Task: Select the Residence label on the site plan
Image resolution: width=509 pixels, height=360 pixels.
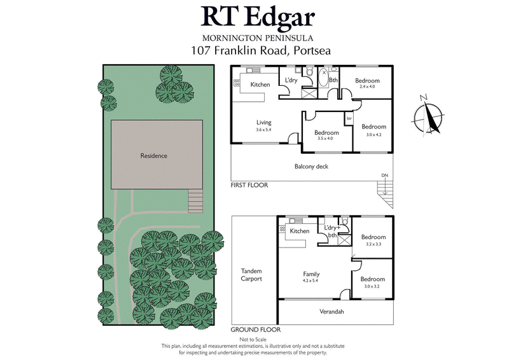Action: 154,155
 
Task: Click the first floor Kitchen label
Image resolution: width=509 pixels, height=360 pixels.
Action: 260,85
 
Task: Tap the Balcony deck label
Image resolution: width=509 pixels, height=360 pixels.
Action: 310,167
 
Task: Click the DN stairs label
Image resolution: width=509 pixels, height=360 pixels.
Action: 384,175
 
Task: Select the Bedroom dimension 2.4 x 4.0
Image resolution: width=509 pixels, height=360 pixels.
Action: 368,87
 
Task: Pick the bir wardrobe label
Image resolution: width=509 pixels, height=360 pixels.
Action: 349,119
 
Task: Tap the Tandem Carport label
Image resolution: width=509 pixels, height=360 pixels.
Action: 251,275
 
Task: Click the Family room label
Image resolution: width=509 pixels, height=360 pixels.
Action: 311,274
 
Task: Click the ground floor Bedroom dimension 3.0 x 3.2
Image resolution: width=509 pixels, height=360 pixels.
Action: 372,286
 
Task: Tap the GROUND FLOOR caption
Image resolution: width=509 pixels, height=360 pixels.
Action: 256,330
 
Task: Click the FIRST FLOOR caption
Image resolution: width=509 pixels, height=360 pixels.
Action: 249,185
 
